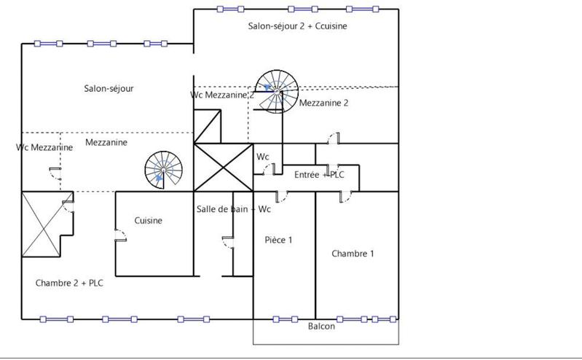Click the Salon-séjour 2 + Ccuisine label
point(297,26)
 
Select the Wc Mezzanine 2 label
point(222,95)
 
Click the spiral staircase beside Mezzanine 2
point(276,91)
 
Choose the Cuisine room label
point(148,221)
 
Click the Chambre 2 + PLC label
point(69,283)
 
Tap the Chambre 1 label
point(353,254)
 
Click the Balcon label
point(321,326)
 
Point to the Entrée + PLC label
point(319,176)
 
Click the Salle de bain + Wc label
point(234,210)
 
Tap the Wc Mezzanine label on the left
point(44,147)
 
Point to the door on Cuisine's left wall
point(118,238)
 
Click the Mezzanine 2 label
point(323,103)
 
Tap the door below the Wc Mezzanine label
point(55,173)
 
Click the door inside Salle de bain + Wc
point(227,243)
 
